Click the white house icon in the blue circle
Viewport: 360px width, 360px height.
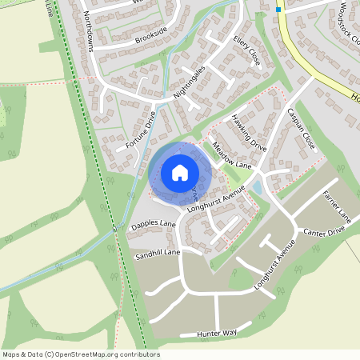180,172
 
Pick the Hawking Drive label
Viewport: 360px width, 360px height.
250,132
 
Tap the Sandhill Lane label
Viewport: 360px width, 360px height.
158,252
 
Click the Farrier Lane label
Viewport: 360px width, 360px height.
336,206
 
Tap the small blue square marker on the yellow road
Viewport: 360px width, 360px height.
278,10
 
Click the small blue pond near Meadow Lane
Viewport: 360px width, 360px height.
256,189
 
